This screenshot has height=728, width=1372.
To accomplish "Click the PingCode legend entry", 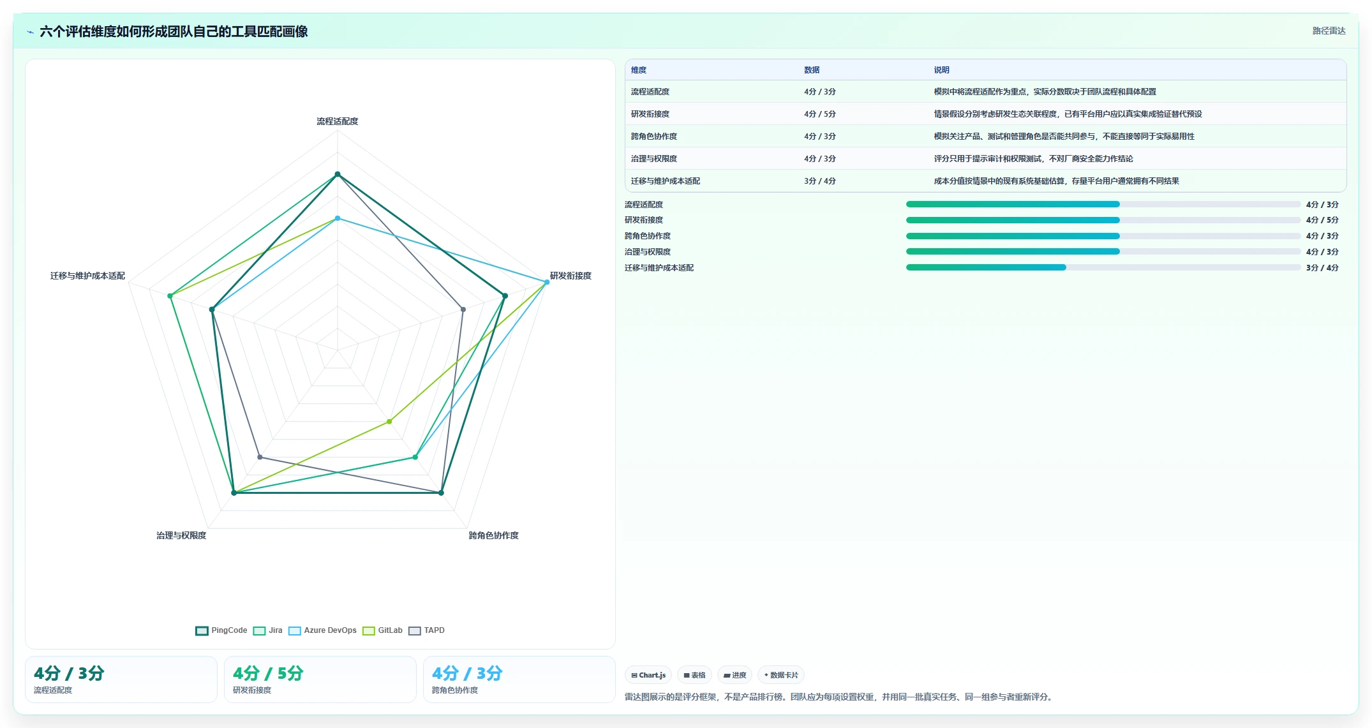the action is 221,630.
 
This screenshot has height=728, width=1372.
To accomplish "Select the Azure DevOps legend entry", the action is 322,630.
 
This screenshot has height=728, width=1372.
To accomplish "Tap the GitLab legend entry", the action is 382,630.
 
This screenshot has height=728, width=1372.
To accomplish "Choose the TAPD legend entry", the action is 426,630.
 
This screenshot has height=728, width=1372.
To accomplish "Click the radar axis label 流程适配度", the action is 338,121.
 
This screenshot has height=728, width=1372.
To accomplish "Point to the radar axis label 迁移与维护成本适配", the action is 87,276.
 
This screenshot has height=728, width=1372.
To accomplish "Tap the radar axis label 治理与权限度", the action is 181,535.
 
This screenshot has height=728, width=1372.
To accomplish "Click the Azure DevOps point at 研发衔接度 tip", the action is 547,282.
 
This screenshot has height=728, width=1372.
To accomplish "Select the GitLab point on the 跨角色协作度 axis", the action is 389,422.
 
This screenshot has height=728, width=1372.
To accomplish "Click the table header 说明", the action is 941,70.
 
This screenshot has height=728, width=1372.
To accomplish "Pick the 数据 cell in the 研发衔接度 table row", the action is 820,114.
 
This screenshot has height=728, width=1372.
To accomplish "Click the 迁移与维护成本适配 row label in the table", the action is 666,181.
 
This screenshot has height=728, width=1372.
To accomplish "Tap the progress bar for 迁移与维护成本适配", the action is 1103,267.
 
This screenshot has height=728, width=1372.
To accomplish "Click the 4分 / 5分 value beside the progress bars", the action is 1322,220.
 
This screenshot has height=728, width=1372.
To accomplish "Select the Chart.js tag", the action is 648,675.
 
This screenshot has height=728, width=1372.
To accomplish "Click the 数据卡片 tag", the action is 781,675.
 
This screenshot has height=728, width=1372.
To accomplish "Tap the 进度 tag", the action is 735,675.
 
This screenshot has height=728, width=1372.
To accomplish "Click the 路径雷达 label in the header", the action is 1329,31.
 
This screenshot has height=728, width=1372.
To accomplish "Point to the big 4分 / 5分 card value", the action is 268,673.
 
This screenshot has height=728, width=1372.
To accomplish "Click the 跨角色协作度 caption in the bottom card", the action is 455,690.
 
